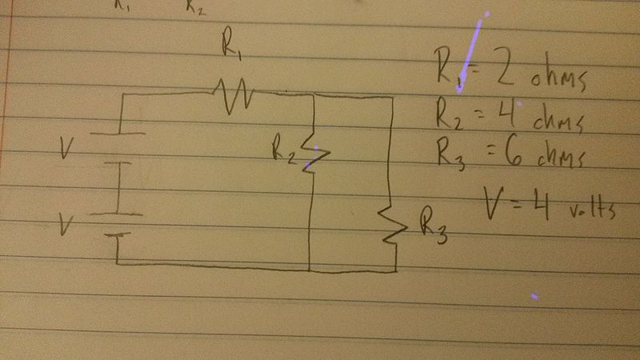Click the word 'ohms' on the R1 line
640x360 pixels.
[560, 80]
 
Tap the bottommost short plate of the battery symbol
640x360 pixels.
[118, 236]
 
